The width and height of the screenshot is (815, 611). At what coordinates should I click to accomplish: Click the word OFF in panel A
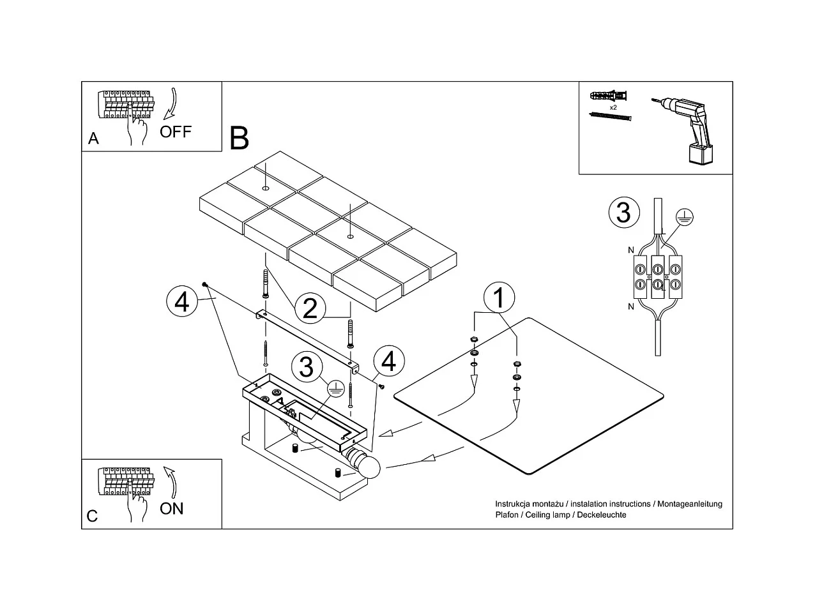[175, 132]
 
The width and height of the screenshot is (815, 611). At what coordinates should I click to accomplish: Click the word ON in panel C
[171, 509]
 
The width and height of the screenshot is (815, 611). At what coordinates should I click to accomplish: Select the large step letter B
[239, 138]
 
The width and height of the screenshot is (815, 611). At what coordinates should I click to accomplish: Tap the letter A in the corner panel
[94, 139]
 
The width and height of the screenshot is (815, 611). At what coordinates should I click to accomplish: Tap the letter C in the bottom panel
[93, 516]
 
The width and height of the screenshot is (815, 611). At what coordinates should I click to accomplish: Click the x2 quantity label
[613, 108]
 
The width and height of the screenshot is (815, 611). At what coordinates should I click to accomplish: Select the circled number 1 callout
[499, 298]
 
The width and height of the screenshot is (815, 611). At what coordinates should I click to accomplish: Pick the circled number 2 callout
[310, 308]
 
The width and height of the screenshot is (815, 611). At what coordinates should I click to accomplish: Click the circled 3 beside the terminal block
[623, 212]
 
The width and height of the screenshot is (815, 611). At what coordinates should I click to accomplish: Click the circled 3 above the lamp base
[307, 367]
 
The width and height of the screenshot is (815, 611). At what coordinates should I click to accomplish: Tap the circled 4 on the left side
[182, 301]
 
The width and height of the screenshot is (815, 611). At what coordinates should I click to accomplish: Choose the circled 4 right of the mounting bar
[388, 361]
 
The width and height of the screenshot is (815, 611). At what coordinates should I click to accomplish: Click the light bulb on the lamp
[368, 467]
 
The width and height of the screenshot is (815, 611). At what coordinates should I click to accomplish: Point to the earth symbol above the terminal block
[683, 217]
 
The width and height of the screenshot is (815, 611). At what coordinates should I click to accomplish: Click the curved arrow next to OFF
[171, 105]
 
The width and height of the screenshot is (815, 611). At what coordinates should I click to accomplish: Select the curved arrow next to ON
[171, 481]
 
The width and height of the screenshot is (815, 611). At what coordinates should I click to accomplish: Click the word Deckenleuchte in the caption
[602, 515]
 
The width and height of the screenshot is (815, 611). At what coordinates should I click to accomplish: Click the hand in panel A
[136, 130]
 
